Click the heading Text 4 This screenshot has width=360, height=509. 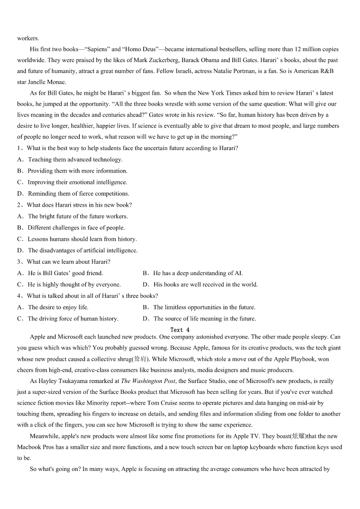click(180, 330)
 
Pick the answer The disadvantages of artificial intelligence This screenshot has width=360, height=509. click(83, 250)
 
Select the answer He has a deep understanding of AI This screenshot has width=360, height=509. click(198, 273)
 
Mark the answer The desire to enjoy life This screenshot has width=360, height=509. click(58, 307)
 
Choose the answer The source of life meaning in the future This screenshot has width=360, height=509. click(204, 319)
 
